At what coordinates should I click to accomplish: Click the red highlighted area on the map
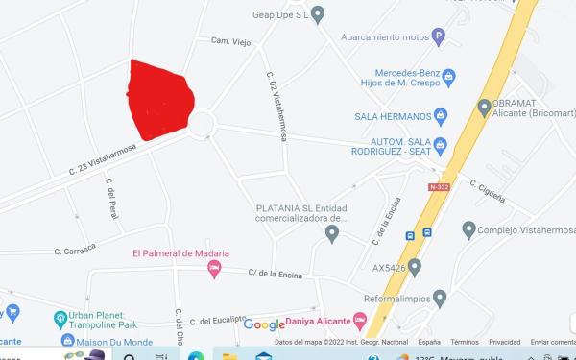coord(160,99)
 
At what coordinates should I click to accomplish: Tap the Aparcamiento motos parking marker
coord(439,38)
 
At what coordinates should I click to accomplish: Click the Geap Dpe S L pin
coord(318,13)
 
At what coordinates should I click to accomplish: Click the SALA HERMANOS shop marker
coord(441,117)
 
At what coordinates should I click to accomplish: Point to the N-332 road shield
coord(439,186)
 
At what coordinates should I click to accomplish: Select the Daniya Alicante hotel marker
coord(360,320)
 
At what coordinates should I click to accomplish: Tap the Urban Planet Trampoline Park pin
coord(60,318)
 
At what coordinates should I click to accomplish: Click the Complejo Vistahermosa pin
coord(468,229)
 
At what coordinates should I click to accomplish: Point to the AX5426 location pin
coord(415,266)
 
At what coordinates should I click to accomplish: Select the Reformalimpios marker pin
coord(440,298)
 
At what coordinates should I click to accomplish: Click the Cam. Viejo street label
coord(229,40)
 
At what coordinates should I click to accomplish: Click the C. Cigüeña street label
coord(488,185)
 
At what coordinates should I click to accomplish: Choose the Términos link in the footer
coord(465,342)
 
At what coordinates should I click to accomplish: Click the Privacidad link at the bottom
coord(504,342)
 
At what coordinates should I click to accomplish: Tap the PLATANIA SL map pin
coord(333,232)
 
